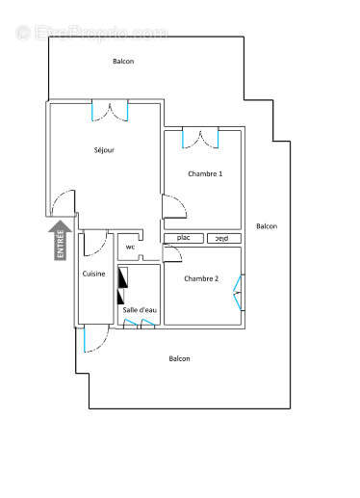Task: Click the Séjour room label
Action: click(x=105, y=150)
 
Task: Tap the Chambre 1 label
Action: click(x=204, y=173)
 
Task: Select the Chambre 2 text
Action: click(x=201, y=279)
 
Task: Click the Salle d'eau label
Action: click(x=140, y=309)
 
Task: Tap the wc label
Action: click(x=130, y=247)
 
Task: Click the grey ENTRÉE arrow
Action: click(x=61, y=240)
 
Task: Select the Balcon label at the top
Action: click(x=123, y=62)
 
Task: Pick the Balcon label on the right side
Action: click(x=267, y=226)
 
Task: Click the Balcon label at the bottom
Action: click(x=179, y=358)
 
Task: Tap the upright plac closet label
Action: click(x=183, y=238)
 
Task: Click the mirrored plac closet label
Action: click(x=221, y=238)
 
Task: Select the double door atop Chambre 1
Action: click(x=202, y=137)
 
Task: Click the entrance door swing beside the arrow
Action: click(x=63, y=203)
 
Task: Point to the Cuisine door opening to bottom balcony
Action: click(x=93, y=340)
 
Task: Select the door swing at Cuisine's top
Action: click(x=93, y=244)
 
